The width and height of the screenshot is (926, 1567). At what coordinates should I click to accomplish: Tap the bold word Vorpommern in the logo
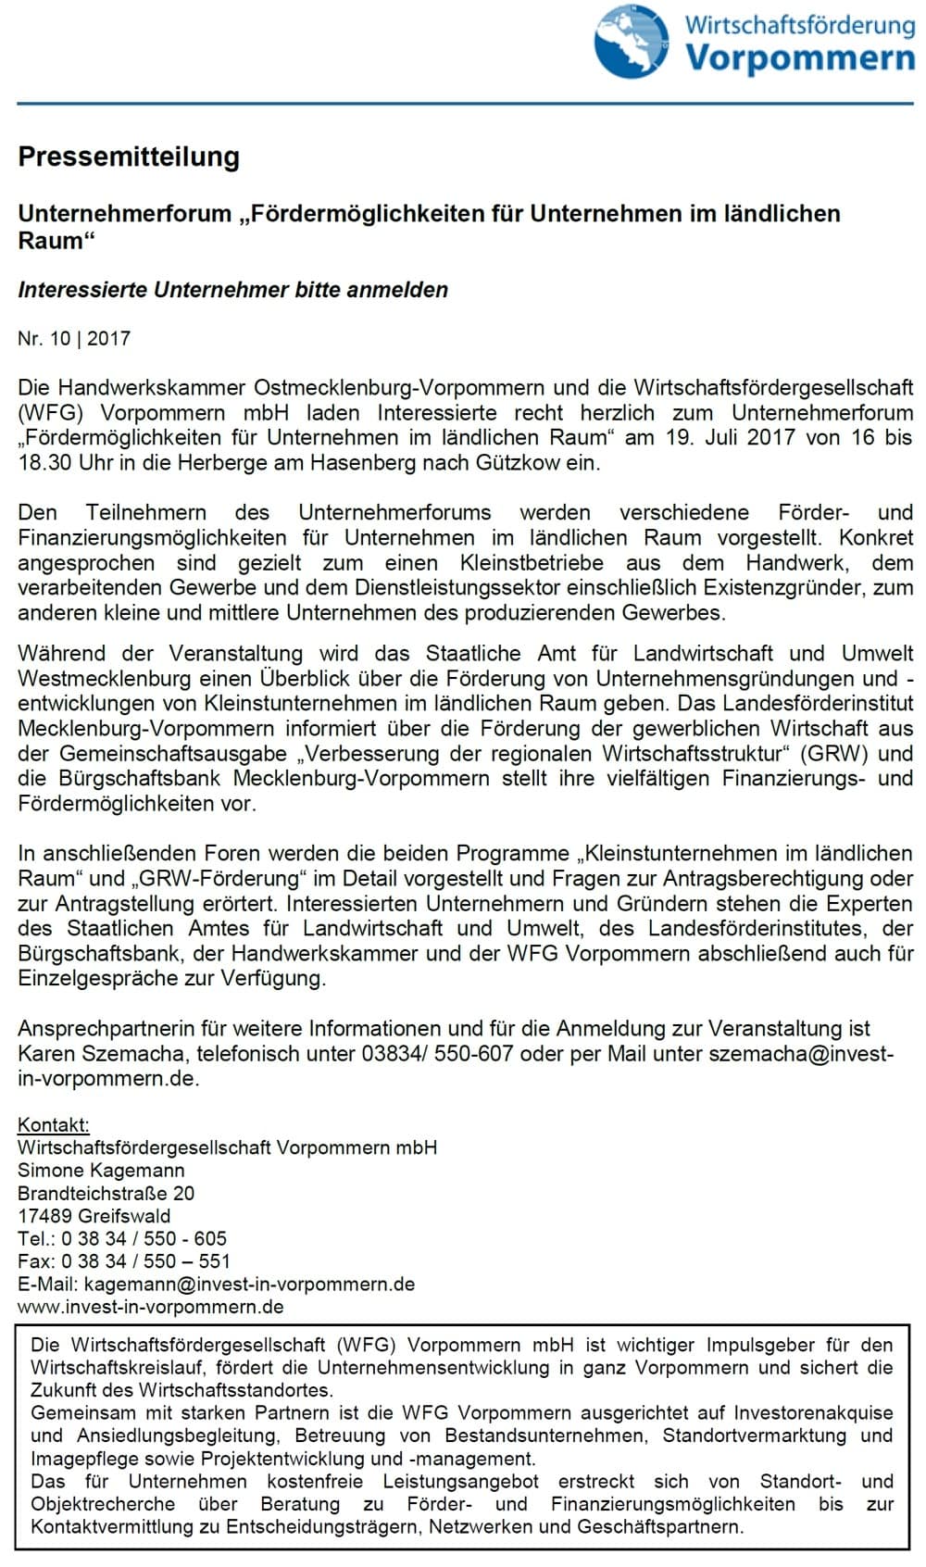800,57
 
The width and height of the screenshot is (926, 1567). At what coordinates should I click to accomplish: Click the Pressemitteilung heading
129,157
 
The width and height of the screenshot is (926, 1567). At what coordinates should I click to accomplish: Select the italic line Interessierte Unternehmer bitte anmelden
232,290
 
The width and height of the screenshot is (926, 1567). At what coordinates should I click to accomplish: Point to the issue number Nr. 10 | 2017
74,339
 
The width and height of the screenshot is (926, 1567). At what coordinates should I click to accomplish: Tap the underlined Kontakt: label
54,1125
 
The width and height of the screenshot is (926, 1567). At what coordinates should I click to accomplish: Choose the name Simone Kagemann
101,1171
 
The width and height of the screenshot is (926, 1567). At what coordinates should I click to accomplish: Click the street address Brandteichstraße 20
106,1193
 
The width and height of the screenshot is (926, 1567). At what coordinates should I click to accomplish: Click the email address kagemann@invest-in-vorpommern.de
249,1285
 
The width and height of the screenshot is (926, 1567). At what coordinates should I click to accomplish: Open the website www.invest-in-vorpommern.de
151,1307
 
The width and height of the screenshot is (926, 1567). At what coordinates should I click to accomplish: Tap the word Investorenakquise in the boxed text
813,1413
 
